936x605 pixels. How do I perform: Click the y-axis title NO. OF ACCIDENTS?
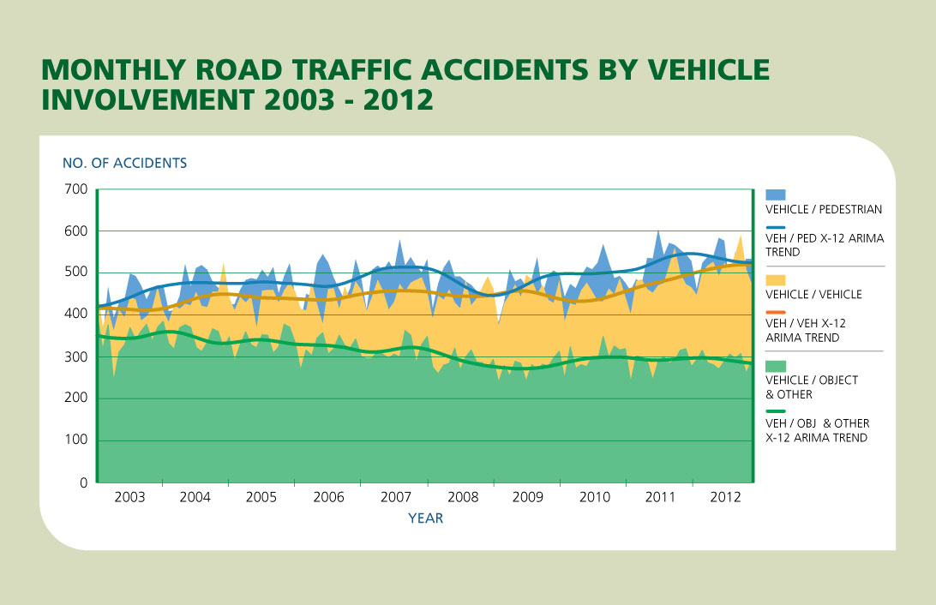pyautogui.click(x=124, y=162)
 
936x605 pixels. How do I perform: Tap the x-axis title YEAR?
pyautogui.click(x=425, y=518)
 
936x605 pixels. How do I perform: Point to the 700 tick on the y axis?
pyautogui.click(x=76, y=189)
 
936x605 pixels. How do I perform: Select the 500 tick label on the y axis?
pyautogui.click(x=76, y=273)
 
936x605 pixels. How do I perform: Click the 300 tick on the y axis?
pyautogui.click(x=76, y=356)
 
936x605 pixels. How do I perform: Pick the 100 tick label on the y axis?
pyautogui.click(x=76, y=440)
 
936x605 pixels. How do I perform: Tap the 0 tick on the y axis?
pyautogui.click(x=84, y=482)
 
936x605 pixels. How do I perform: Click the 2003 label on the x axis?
pyautogui.click(x=129, y=497)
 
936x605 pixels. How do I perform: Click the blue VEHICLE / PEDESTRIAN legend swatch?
pyautogui.click(x=774, y=195)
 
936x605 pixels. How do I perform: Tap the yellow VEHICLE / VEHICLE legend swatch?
pyautogui.click(x=774, y=279)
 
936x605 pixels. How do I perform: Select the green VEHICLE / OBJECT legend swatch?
pyautogui.click(x=774, y=365)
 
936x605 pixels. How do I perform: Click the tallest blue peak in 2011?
pyautogui.click(x=658, y=231)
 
